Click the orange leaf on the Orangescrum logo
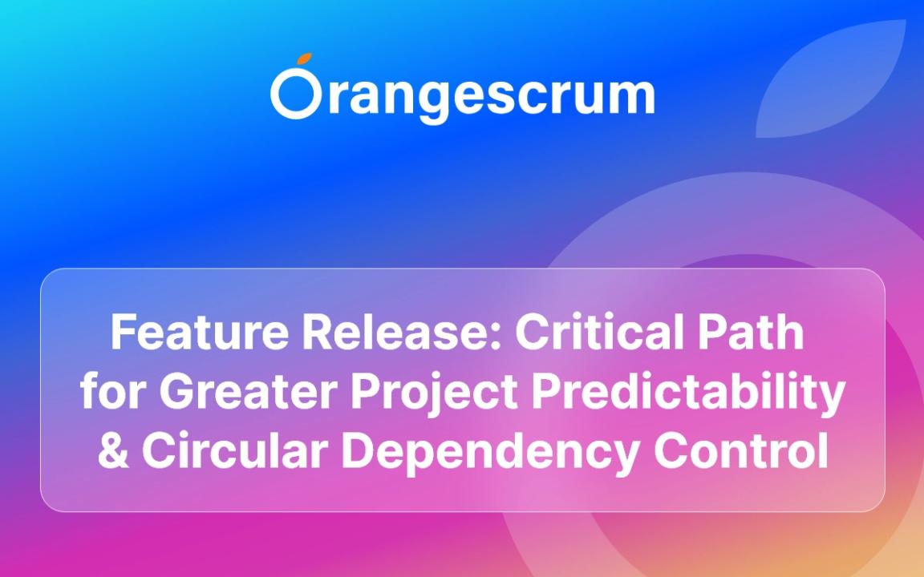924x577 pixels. pos(304,59)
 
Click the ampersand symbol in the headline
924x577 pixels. pos(113,450)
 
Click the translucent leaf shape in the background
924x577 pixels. pos(831,79)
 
